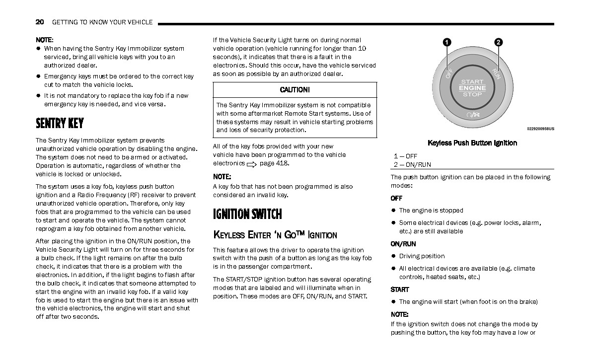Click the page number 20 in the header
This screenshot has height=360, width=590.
(x=40, y=22)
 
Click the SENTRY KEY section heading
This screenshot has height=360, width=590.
(x=60, y=123)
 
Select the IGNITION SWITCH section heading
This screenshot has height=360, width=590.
(x=247, y=215)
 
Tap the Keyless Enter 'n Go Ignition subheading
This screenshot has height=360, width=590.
(x=275, y=235)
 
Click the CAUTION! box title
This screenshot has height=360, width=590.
(x=295, y=90)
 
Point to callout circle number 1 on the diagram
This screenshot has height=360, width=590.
(x=447, y=43)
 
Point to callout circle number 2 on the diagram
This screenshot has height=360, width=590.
(x=498, y=43)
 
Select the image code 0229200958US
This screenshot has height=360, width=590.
(x=540, y=129)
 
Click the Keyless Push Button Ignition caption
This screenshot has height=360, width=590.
(x=472, y=143)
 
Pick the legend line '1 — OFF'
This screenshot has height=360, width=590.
(x=405, y=156)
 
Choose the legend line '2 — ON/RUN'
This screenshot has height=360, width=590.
(x=412, y=165)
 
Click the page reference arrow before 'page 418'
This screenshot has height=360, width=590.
(x=251, y=164)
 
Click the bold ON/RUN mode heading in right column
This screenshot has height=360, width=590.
(x=403, y=244)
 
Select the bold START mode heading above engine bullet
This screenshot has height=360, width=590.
(x=400, y=289)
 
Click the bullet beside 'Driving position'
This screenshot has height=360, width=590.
(x=393, y=256)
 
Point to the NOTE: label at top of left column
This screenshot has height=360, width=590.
(x=45, y=40)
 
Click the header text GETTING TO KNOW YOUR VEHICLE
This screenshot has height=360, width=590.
(x=102, y=22)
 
